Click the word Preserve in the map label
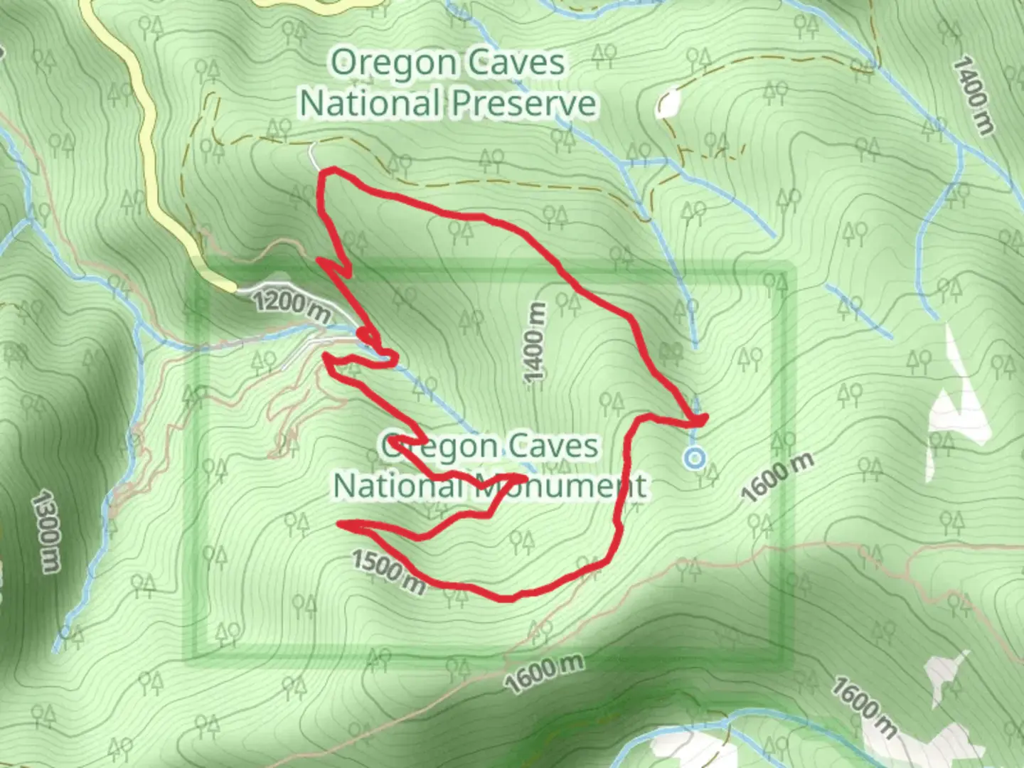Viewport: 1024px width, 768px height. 523,104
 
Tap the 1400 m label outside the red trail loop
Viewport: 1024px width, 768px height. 971,95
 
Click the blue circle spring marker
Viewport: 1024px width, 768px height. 694,458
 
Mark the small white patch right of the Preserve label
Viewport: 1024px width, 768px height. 667,104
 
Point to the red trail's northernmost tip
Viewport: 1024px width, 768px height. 329,169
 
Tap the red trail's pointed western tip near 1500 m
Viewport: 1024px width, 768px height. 340,525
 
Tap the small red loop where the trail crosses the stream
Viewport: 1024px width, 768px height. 366,334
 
